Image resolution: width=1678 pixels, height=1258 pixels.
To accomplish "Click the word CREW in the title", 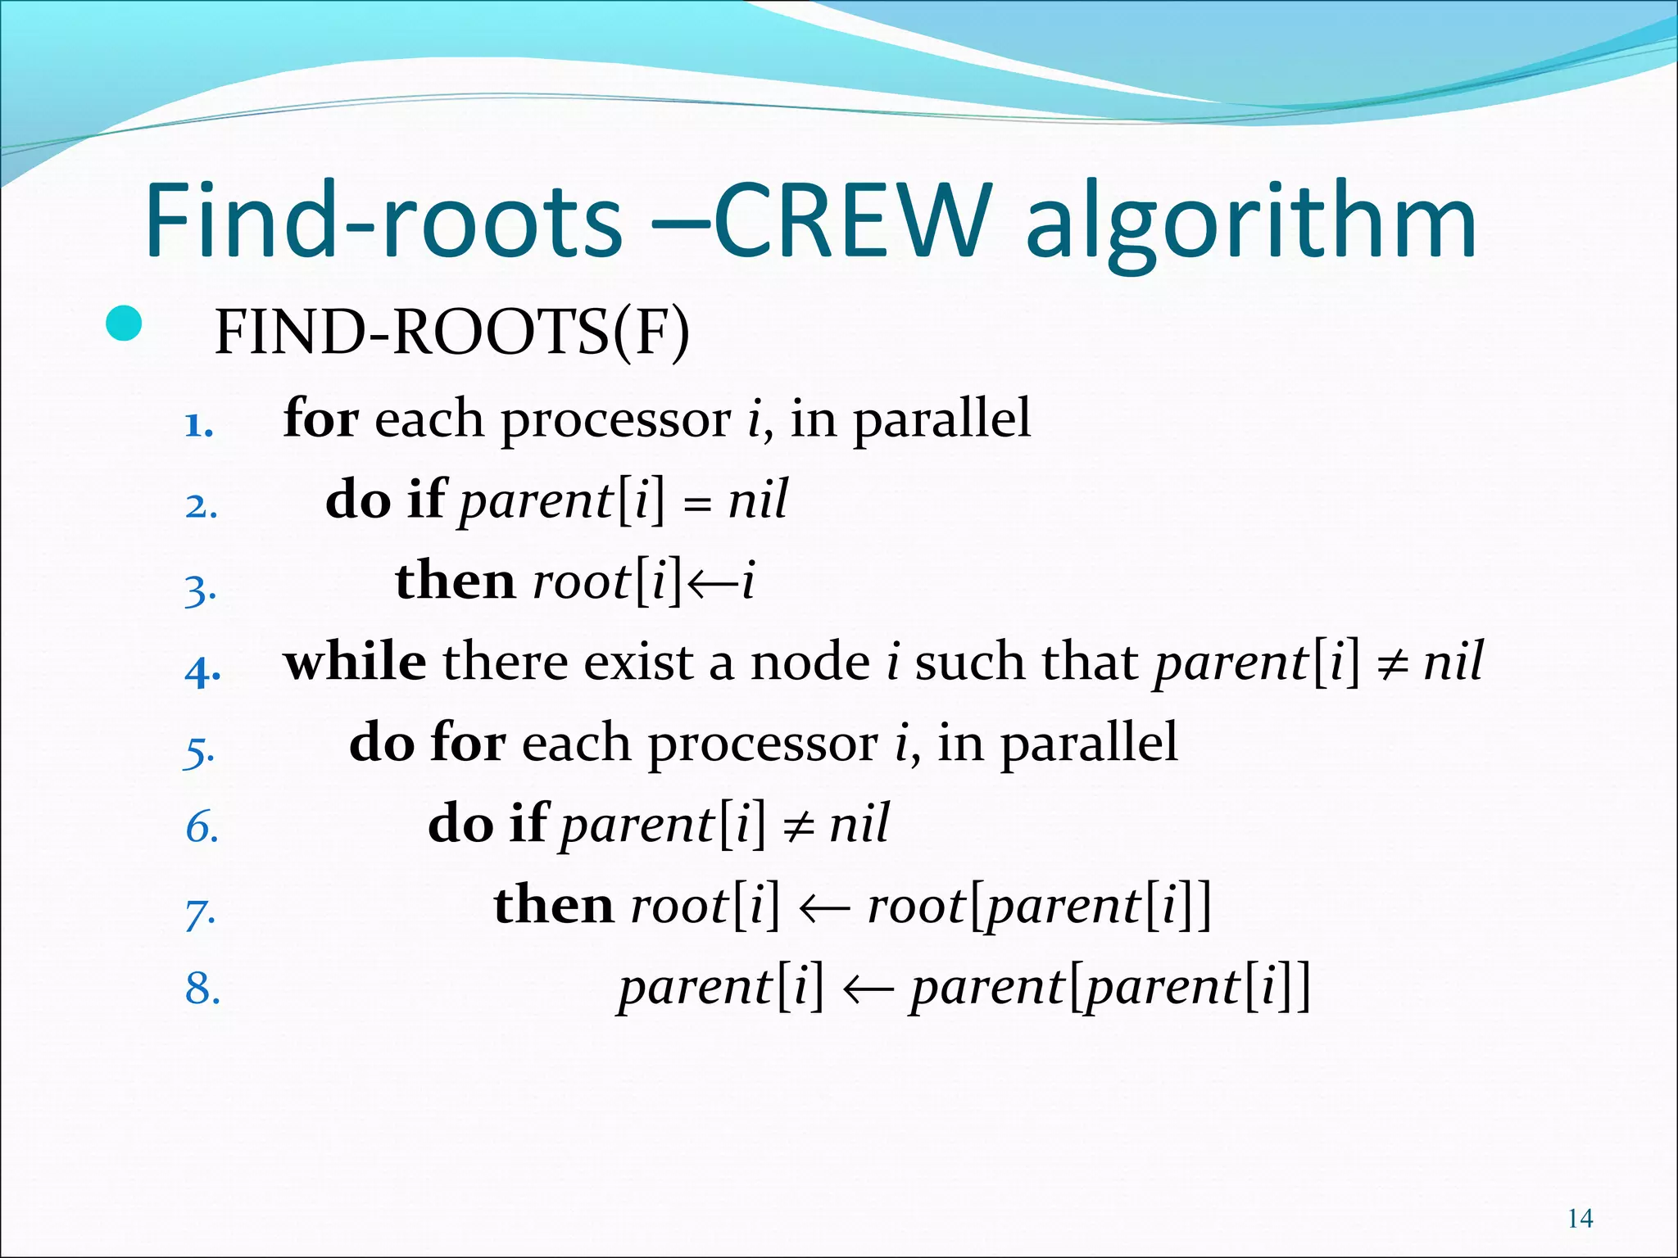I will [x=852, y=221].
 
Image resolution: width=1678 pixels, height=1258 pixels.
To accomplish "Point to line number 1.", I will [x=199, y=425].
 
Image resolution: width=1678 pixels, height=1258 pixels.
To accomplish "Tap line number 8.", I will [x=202, y=988].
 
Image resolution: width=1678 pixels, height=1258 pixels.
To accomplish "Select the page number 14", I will [x=1580, y=1220].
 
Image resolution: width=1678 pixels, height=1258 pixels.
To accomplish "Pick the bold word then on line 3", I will [x=455, y=581].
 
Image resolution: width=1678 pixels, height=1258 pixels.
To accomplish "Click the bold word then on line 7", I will [x=553, y=905].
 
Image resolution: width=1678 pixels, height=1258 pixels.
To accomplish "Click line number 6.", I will [x=202, y=827].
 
